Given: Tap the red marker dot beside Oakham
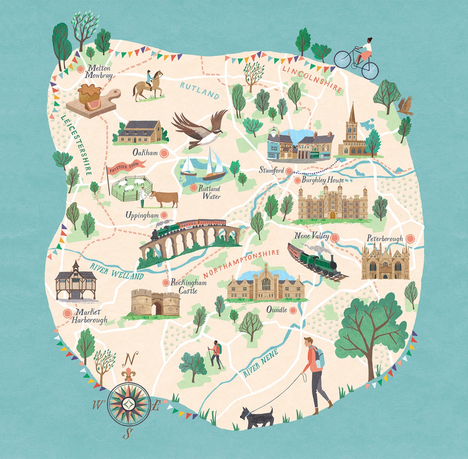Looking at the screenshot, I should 163,153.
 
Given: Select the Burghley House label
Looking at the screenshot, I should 322,180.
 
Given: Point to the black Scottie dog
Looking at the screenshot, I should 256,417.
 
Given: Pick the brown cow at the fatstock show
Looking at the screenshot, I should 165,199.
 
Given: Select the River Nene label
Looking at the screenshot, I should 261,363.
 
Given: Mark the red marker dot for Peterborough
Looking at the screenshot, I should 409,238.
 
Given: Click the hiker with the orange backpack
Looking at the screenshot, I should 215,354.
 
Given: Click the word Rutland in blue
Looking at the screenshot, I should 200,90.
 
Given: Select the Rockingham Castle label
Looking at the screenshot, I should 188,286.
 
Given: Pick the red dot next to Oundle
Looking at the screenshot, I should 293,310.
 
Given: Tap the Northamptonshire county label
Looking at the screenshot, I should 241,263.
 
